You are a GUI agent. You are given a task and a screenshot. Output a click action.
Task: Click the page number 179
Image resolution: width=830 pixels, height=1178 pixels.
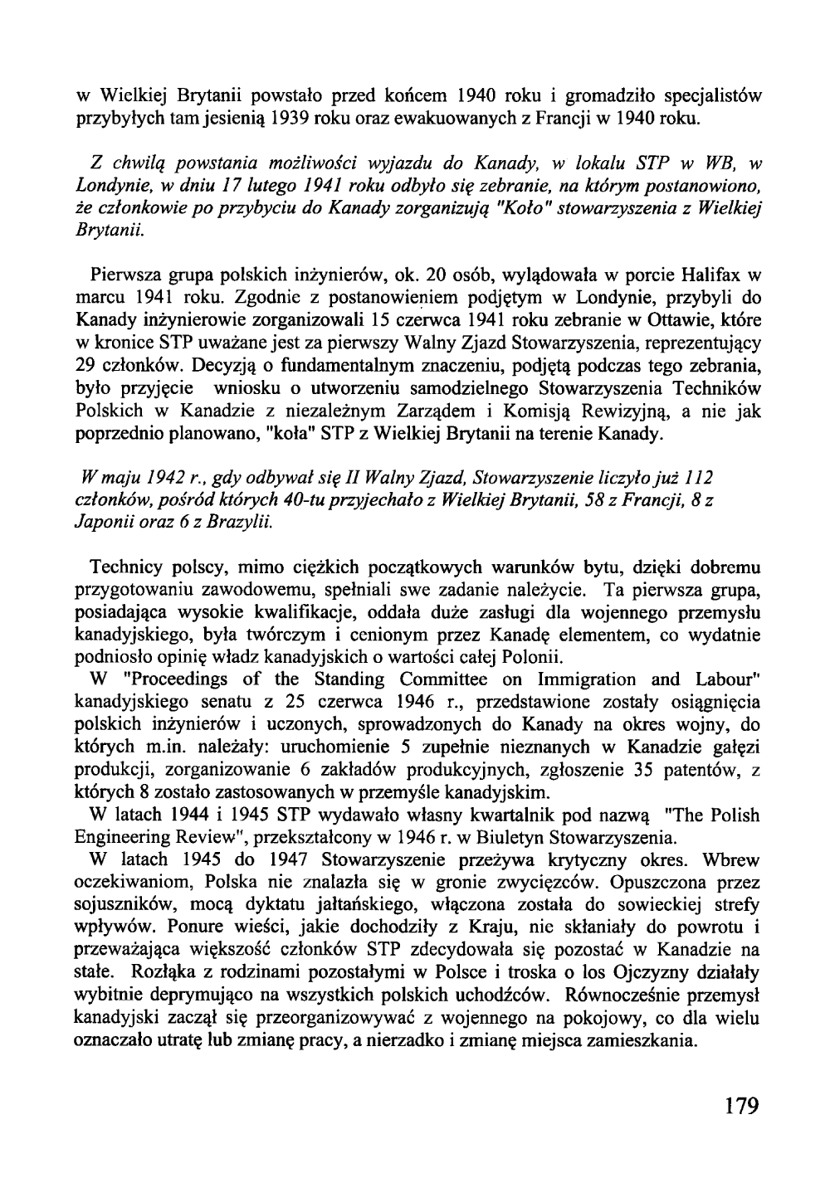739,1107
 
